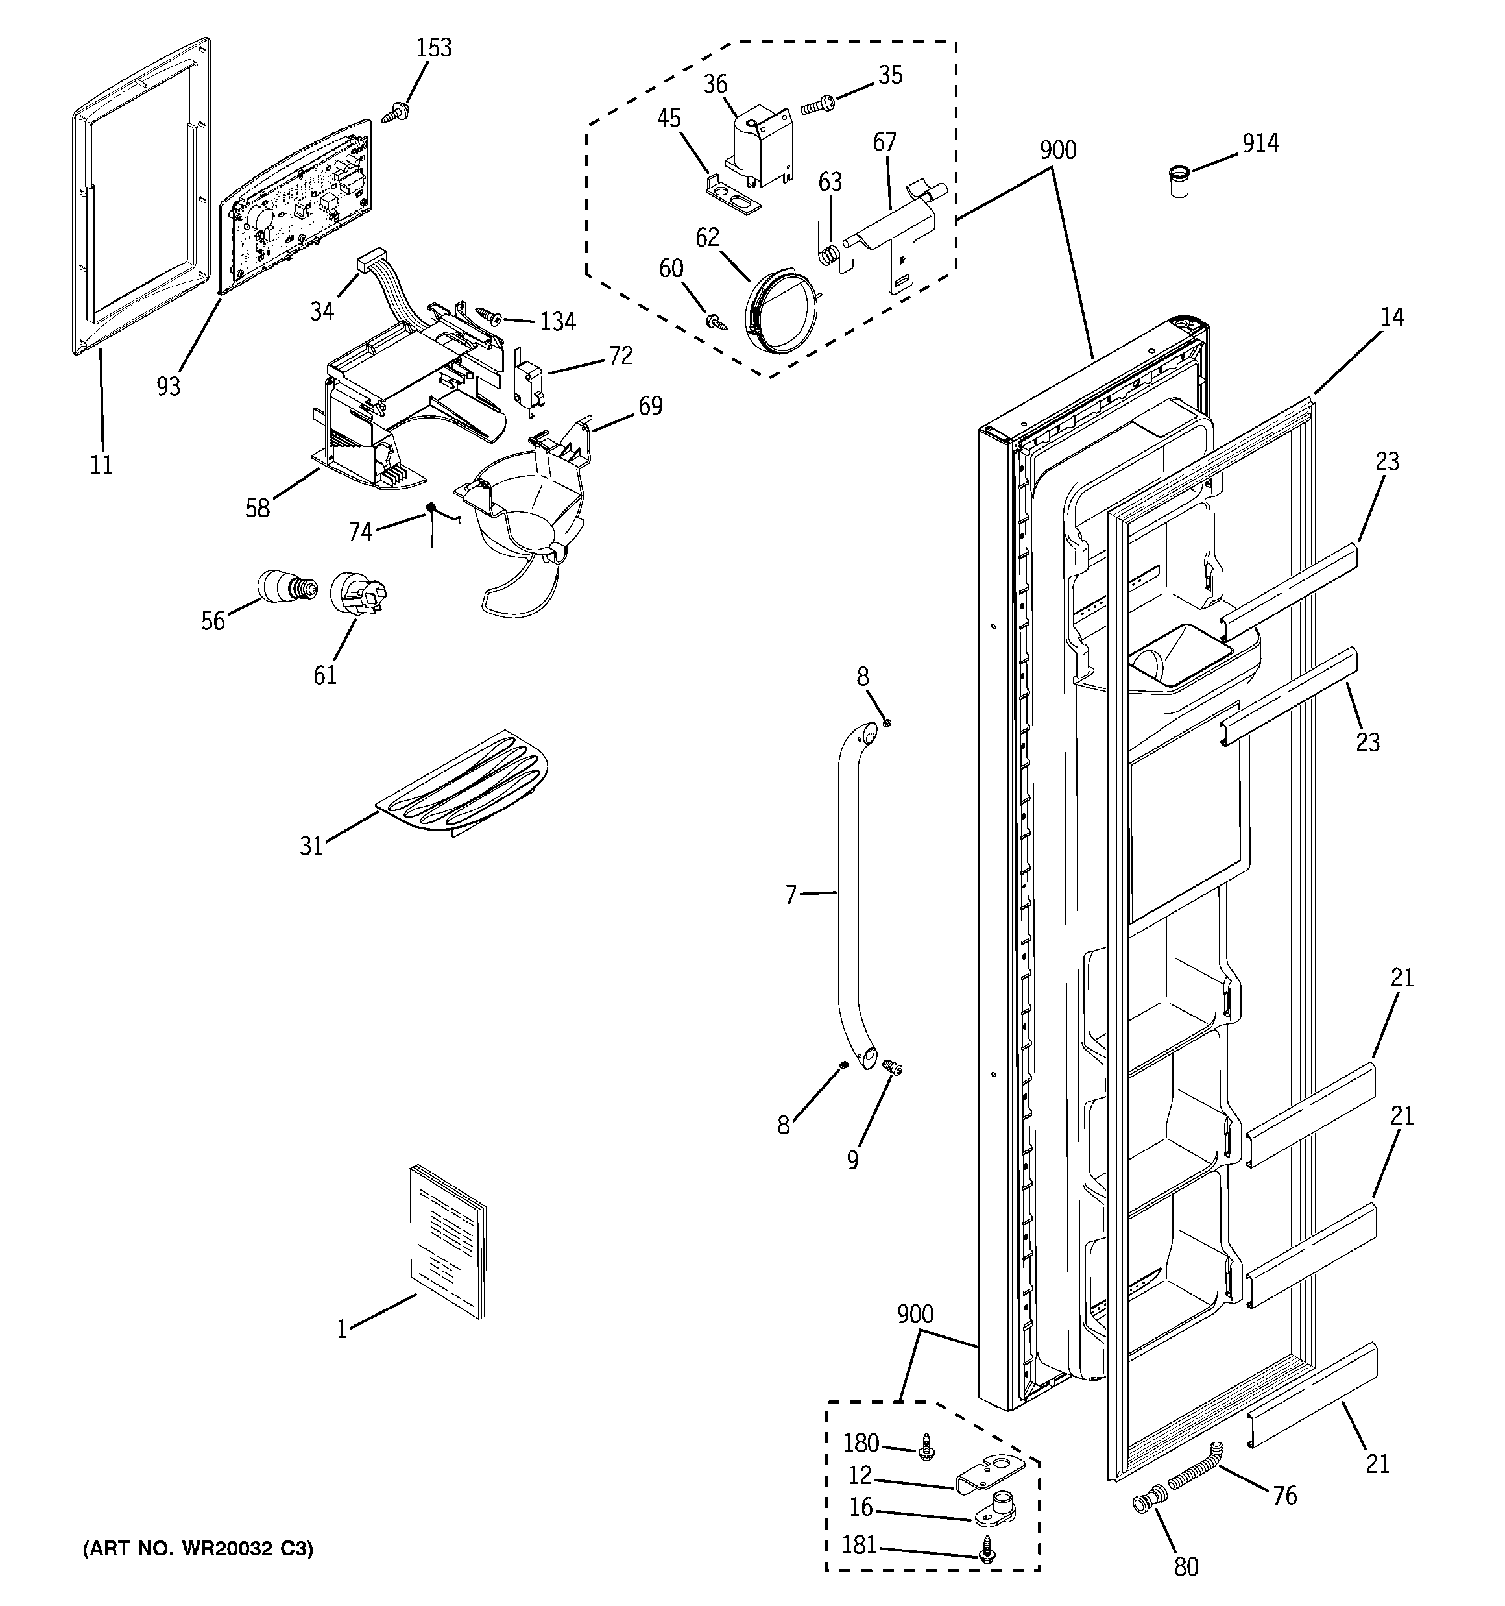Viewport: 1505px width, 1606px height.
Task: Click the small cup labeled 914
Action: [1180, 182]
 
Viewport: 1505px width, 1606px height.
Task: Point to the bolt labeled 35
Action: [819, 105]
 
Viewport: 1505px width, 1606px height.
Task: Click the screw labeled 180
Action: [926, 1447]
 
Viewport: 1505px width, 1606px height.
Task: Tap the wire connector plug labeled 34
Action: [370, 262]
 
